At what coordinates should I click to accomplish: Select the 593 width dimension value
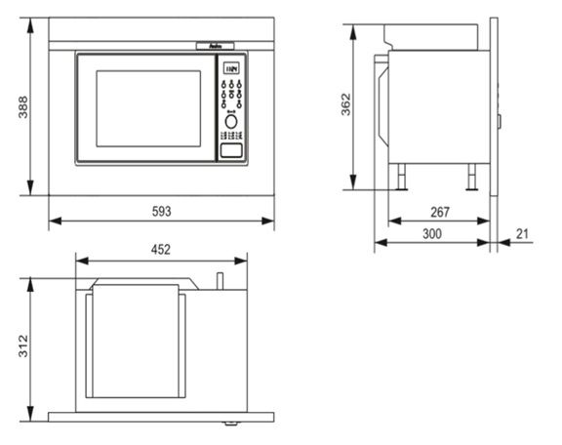pos(160,210)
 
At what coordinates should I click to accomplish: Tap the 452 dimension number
pos(161,249)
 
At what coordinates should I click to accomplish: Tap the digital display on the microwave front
pos(231,70)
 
